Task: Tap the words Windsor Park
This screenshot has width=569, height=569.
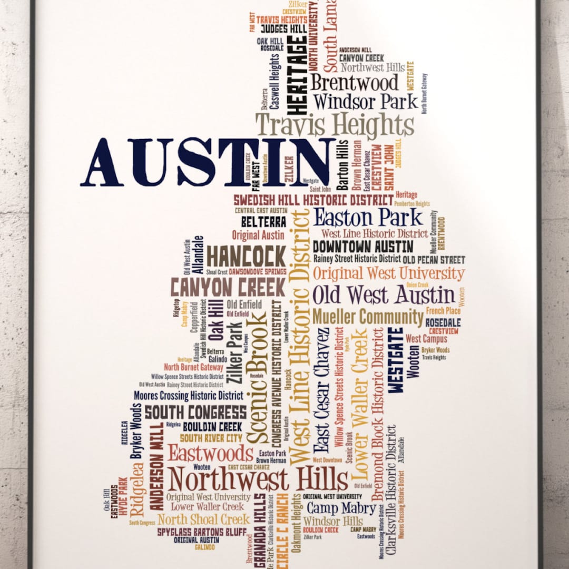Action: click(x=365, y=101)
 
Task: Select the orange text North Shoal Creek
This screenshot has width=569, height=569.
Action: click(x=203, y=519)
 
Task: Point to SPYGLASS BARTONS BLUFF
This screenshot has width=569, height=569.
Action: click(x=201, y=532)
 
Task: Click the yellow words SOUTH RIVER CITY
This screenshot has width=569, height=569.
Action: click(x=211, y=438)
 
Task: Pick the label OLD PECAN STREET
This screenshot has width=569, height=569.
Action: click(x=434, y=260)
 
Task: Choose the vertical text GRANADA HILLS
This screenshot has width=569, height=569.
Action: click(x=260, y=530)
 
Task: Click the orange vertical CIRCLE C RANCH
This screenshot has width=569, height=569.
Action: click(x=283, y=532)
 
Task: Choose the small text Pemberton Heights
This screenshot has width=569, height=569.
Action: click(x=412, y=203)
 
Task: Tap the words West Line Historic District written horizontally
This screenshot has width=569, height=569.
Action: click(x=374, y=233)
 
